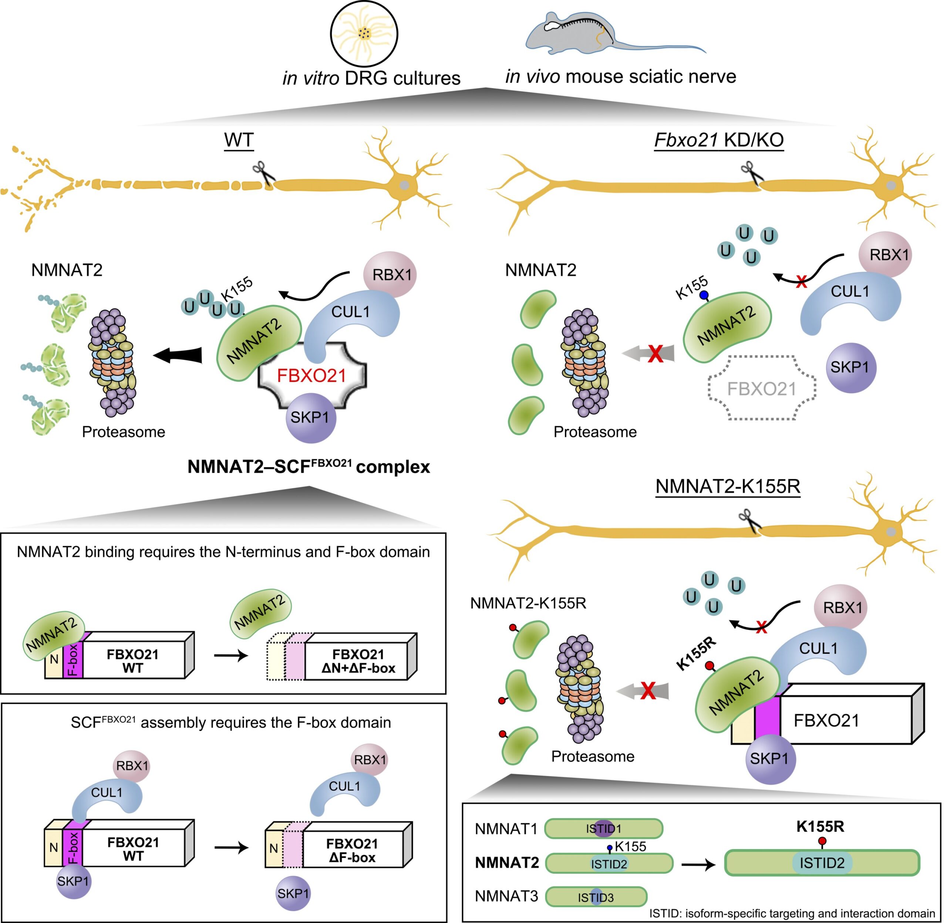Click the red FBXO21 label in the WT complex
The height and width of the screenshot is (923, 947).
pos(311,376)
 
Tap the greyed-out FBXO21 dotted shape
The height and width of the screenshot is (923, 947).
pos(762,389)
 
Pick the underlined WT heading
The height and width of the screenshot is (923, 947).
pos(239,140)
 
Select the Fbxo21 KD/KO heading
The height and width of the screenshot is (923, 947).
pos(719,140)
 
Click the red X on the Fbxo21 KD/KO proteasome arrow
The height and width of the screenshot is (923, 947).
pos(656,354)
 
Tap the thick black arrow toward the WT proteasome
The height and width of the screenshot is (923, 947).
pos(178,355)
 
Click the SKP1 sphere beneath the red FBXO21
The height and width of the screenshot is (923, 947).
pos(310,418)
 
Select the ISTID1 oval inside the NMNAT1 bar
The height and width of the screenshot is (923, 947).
pos(604,828)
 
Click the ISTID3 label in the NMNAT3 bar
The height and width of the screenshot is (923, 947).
pos(596,898)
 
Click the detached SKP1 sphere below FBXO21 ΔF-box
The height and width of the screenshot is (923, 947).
pos(293,893)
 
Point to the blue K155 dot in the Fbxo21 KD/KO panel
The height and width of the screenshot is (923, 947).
pos(704,295)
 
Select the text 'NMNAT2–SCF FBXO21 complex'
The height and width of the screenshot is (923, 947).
pos(309,467)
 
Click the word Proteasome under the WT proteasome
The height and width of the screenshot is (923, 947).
pos(123,432)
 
